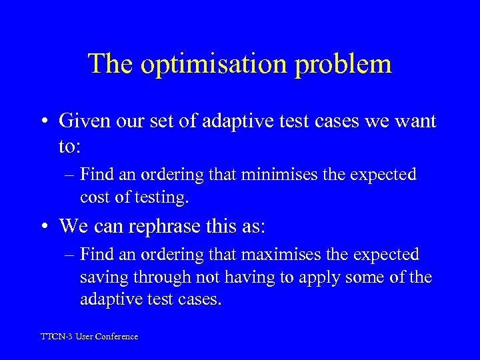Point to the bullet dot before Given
pyautogui.click(x=45, y=122)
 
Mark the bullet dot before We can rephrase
pyautogui.click(x=45, y=227)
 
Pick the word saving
pyautogui.click(x=100, y=277)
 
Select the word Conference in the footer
pyautogui.click(x=117, y=337)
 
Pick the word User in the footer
pyautogui.click(x=85, y=337)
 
